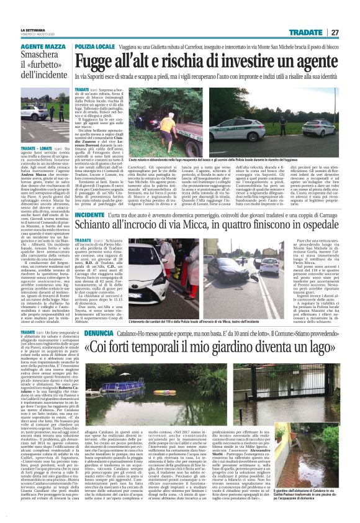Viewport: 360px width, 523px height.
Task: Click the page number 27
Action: [x=335, y=32]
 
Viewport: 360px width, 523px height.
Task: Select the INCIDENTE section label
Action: [x=89, y=215]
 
